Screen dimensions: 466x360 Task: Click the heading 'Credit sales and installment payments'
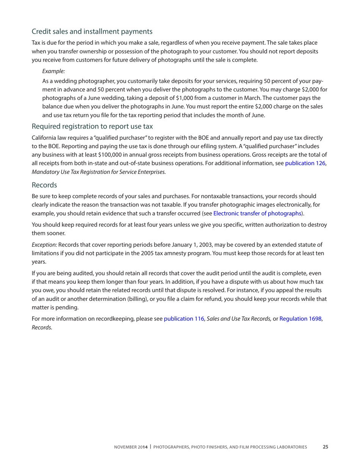click(x=92, y=31)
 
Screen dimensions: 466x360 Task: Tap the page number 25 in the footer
click(x=325, y=447)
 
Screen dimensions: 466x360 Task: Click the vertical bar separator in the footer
click(x=150, y=447)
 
